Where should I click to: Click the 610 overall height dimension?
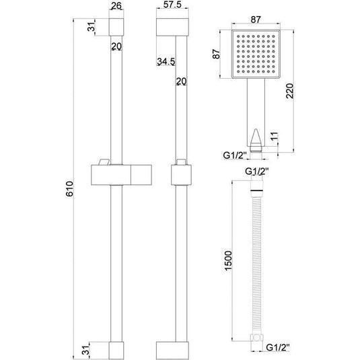pos(69,188)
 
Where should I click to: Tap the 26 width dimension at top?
pos(116,6)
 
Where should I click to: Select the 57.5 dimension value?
pos(172,4)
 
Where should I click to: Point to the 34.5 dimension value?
pos(166,61)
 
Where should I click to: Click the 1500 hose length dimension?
pos(228,261)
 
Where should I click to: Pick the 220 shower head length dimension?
pos(290,91)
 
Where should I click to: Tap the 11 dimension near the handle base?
pos(274,137)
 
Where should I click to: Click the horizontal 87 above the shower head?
pos(256,20)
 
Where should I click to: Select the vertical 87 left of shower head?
pos(216,55)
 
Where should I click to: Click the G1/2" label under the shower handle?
pos(235,155)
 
